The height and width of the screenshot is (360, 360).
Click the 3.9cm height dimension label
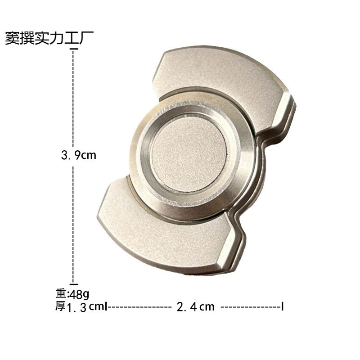pyautogui.click(x=78, y=155)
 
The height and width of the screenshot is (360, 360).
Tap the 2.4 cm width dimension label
pyautogui.click(x=196, y=307)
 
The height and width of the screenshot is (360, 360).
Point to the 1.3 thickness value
pyautogui.click(x=76, y=307)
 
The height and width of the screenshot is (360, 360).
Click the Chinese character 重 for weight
pyautogui.click(x=61, y=293)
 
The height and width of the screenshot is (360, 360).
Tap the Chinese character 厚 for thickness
pyautogui.click(x=61, y=306)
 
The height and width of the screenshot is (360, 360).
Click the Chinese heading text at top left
pyautogui.click(x=49, y=38)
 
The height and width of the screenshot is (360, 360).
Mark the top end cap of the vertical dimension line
pyautogui.click(x=74, y=49)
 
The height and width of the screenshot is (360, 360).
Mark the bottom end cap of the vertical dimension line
pyautogui.click(x=74, y=284)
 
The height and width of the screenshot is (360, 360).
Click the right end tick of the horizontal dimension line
pyautogui.click(x=283, y=306)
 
